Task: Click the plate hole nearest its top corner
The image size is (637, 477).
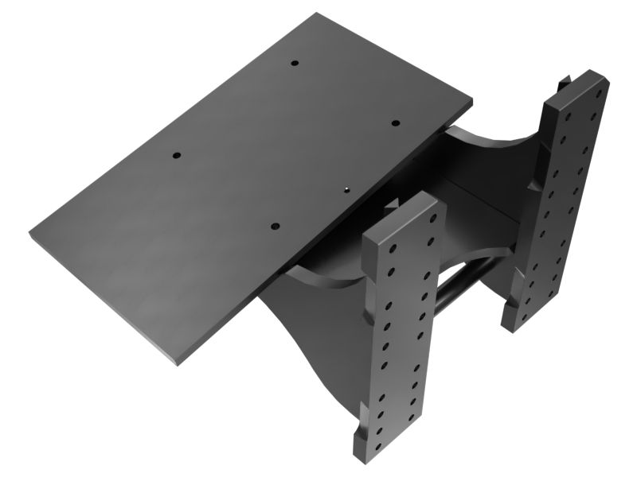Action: coord(294,63)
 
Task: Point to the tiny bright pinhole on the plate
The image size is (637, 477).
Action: coord(348,189)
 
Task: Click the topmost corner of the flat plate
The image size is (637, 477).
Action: coord(316,14)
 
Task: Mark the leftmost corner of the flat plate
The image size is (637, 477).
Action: coord(31,233)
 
